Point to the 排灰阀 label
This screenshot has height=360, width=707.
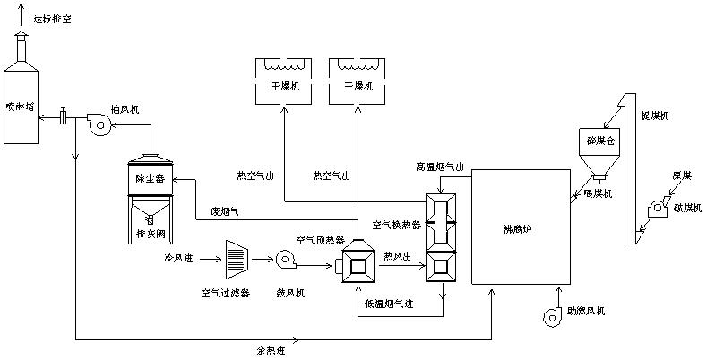(149, 234)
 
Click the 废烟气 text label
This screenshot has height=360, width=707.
(225, 211)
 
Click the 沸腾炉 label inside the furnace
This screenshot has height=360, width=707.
(520, 227)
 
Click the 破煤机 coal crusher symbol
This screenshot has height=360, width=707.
(657, 210)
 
